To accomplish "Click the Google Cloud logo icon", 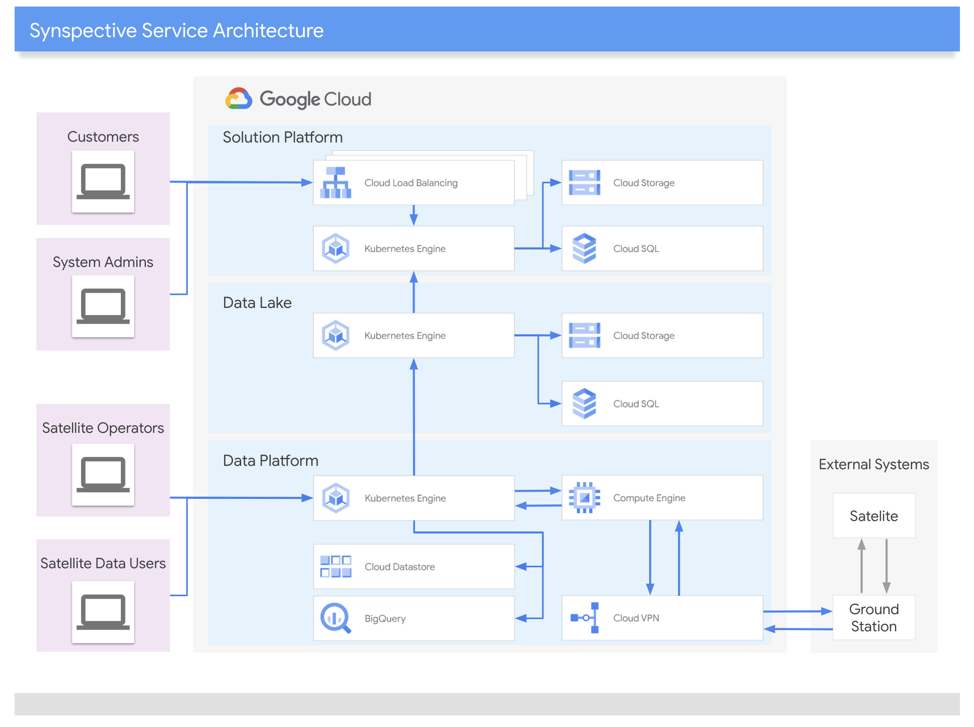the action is (238, 98).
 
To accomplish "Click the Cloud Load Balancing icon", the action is (336, 183).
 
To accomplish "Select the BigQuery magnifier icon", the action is (336, 618).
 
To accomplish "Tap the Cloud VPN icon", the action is (584, 618).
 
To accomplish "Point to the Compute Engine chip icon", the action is (584, 498).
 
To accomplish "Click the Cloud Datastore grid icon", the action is (336, 567).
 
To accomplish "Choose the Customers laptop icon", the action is (103, 181).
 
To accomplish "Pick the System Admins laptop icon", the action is (103, 306).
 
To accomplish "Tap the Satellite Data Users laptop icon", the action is (103, 612).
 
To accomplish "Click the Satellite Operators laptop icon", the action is (103, 474).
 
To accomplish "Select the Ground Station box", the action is (874, 618).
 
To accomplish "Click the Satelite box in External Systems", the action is (874, 515).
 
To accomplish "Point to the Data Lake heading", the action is (257, 303).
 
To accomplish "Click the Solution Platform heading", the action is (283, 137).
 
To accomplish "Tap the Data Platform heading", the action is (270, 461).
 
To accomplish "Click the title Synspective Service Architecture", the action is (176, 31).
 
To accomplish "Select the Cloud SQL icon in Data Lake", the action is (584, 404).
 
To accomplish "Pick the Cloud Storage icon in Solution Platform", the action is (584, 183).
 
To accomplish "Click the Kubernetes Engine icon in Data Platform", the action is (336, 498).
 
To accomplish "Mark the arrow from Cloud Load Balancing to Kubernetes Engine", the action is (413, 215).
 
